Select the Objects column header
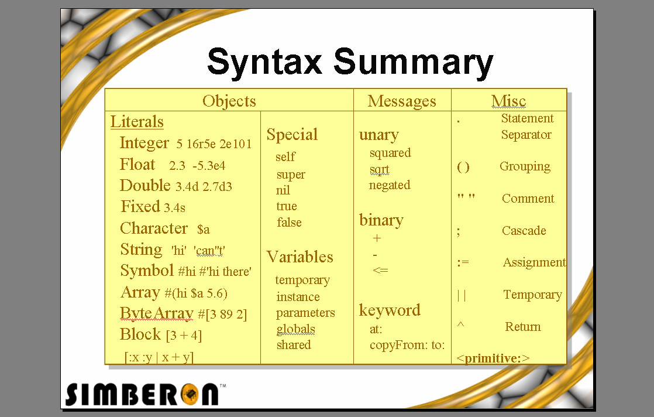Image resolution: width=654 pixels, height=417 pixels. coord(229,101)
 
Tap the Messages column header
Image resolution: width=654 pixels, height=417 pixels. coord(402,101)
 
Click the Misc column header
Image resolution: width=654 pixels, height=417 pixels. coord(508,101)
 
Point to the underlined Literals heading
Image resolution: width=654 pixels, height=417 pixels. coord(137,122)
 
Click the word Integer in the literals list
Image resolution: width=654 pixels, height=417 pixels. coord(144,143)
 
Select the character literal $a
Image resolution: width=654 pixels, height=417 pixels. coord(203,229)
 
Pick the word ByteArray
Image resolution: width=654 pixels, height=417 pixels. coord(156,313)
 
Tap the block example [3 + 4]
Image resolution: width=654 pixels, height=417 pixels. coord(184,336)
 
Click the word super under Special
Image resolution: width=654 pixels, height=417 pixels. coord(291,175)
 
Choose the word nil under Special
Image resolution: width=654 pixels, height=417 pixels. coord(283,190)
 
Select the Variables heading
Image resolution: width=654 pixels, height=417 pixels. coord(300,257)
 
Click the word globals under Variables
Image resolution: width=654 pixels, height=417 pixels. coord(295,329)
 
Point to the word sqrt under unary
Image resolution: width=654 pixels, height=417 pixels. coord(379,169)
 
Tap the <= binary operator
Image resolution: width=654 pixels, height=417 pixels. coord(380,271)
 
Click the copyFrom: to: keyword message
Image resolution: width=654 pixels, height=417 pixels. coord(407,345)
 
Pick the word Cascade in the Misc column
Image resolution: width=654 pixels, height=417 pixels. coord(524,231)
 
